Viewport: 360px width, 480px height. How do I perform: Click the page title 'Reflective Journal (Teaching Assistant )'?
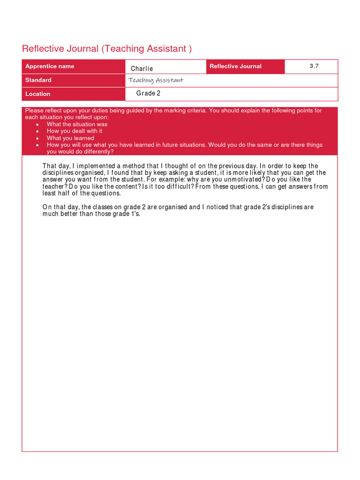click(x=107, y=49)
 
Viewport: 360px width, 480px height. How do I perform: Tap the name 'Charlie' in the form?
click(x=142, y=68)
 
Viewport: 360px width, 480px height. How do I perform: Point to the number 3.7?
click(x=314, y=66)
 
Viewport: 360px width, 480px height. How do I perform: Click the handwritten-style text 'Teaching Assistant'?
click(x=156, y=80)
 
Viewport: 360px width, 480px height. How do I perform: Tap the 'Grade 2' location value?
click(x=149, y=93)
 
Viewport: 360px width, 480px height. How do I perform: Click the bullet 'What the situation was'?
click(x=77, y=124)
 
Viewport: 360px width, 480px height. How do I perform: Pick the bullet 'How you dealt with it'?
click(x=75, y=131)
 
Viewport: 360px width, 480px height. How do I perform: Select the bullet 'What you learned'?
click(x=70, y=138)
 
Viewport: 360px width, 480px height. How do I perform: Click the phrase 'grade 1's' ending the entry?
click(x=130, y=214)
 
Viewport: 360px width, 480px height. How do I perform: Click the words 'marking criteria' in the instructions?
click(x=185, y=111)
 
